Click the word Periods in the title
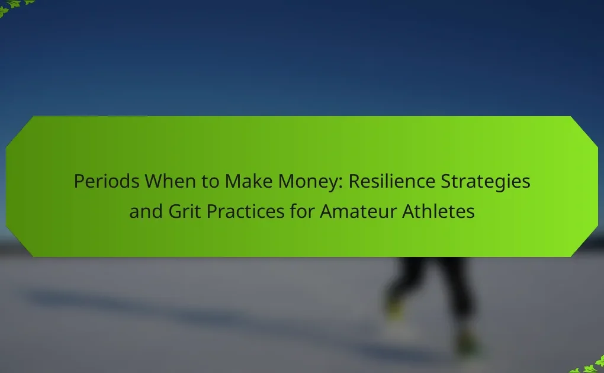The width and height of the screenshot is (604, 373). (107, 181)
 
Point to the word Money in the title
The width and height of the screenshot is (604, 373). (308, 182)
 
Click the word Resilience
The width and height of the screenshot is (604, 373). (392, 181)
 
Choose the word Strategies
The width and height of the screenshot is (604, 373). (486, 182)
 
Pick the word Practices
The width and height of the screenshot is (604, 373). (245, 211)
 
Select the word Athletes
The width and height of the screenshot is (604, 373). (438, 211)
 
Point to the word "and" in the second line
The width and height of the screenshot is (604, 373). (146, 211)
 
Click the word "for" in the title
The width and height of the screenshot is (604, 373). (302, 211)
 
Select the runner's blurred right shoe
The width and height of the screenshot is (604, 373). (467, 342)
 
